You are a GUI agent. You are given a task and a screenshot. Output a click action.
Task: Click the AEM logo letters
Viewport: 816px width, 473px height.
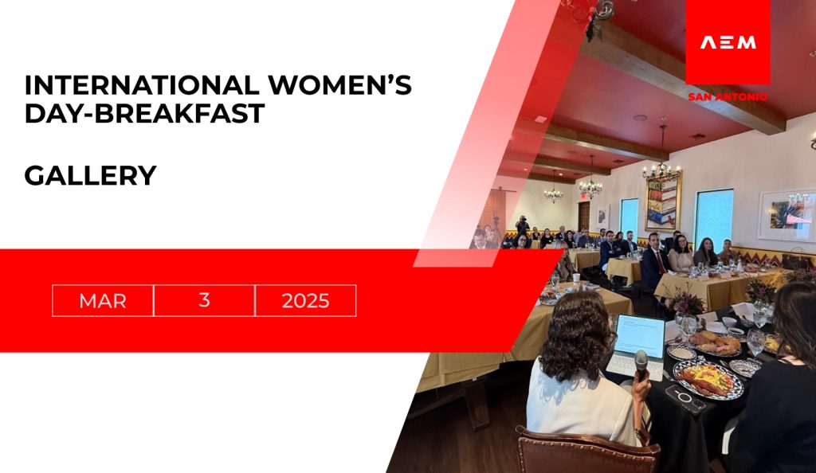[728, 43]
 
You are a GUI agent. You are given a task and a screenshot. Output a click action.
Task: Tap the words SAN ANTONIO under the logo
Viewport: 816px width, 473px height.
[728, 96]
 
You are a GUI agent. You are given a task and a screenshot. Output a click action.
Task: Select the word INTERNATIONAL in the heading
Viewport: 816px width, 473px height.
[142, 85]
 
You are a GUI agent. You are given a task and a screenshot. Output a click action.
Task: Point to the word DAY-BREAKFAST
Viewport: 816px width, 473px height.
[145, 113]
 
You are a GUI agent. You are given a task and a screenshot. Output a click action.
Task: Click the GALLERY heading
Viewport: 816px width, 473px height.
[91, 176]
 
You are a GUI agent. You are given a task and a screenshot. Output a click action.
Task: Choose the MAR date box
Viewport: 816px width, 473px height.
[103, 300]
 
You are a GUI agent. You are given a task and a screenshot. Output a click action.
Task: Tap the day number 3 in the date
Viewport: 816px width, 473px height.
[204, 300]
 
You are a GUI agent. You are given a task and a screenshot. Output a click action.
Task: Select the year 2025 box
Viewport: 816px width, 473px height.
[305, 300]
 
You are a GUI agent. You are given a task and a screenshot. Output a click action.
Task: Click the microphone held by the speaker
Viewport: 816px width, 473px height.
[641, 364]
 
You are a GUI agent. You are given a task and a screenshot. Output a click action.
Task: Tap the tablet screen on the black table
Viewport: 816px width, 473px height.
[640, 336]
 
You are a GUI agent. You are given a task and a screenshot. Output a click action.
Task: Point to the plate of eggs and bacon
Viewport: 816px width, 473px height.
[708, 380]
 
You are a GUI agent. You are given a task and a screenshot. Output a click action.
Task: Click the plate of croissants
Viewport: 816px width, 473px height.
[715, 343]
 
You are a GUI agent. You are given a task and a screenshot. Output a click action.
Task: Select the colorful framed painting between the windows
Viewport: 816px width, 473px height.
[662, 203]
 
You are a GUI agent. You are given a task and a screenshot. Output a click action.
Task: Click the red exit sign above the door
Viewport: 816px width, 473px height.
[584, 197]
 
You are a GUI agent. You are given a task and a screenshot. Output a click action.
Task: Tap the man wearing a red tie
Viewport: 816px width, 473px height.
[655, 260]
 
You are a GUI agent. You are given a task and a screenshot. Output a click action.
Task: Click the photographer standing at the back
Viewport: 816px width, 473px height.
[522, 228]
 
